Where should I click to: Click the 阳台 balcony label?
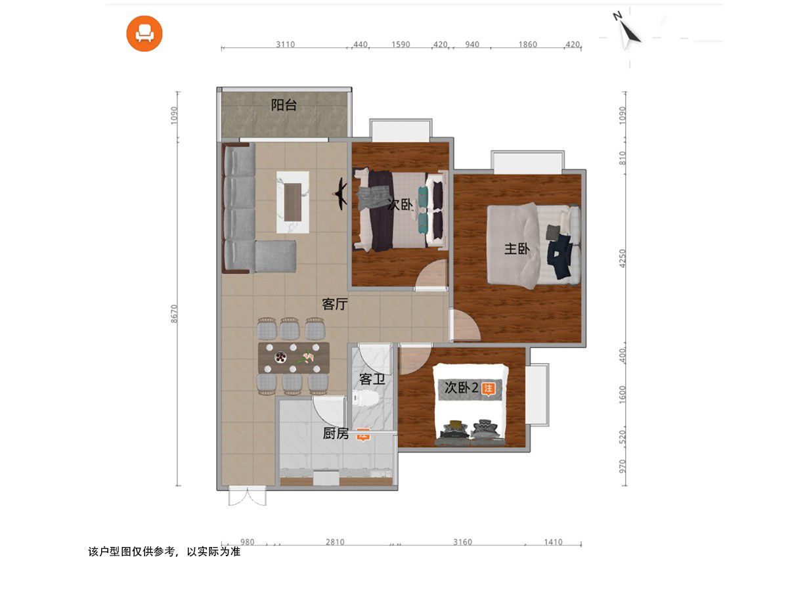point(284,105)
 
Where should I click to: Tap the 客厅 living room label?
point(335,304)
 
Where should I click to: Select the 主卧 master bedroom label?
point(517,248)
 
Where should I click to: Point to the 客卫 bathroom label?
point(372,379)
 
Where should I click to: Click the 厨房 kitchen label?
point(336,433)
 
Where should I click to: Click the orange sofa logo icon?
point(144,33)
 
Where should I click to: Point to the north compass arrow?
point(628,32)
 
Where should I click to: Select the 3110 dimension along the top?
point(286,44)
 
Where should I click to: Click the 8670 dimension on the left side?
point(174,314)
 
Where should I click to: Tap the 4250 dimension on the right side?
point(623,258)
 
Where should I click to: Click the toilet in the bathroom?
point(366,399)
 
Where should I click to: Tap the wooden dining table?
point(294,358)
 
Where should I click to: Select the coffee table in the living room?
point(293,202)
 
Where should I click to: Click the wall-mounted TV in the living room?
point(341,194)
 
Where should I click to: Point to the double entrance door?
point(248,496)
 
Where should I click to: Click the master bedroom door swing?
point(466,326)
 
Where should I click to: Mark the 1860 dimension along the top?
point(528,44)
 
